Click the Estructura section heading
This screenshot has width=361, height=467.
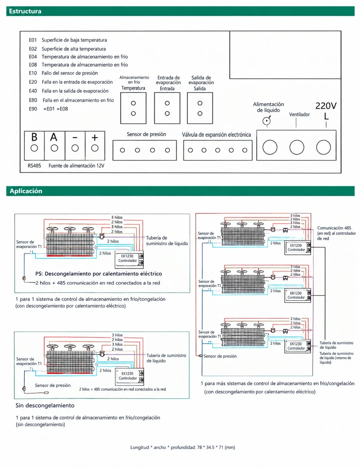[x=25, y=11]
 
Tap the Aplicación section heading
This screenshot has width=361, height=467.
[x=26, y=191]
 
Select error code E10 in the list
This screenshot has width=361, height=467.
[x=33, y=73]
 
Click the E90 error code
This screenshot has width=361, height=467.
[x=33, y=109]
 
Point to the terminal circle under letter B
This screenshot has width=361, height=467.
[x=34, y=148]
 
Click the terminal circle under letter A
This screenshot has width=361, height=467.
[x=54, y=148]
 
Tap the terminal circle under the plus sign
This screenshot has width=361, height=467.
[x=95, y=148]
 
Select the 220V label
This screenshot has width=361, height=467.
[x=326, y=106]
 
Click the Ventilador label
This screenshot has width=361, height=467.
[x=299, y=114]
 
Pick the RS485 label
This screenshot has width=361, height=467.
[x=34, y=166]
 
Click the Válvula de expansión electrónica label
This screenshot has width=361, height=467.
[x=216, y=135]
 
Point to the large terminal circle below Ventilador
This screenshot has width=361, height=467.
[x=297, y=147]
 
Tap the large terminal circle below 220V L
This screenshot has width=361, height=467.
[x=323, y=147]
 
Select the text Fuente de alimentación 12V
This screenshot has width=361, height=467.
[x=77, y=166]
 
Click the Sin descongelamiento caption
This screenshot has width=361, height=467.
[x=45, y=405]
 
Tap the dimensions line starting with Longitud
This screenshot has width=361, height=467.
[x=183, y=447]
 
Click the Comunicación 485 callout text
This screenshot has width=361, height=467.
[x=336, y=233]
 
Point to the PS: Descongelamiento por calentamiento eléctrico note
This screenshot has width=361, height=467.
[x=99, y=273]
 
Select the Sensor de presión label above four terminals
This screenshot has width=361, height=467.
[x=146, y=134]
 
